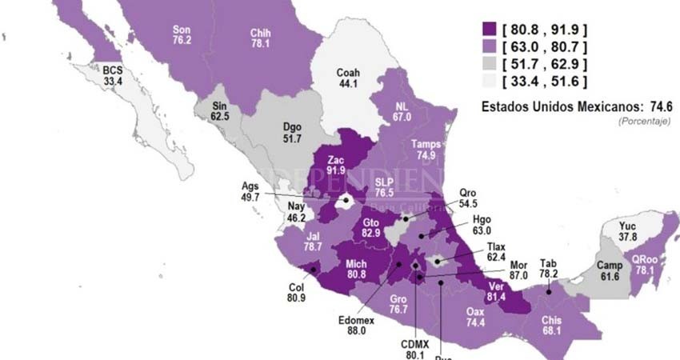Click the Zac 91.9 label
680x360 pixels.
click(336, 165)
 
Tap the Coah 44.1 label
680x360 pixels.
click(348, 78)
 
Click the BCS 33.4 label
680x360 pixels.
click(113, 76)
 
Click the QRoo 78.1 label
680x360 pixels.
click(646, 265)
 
